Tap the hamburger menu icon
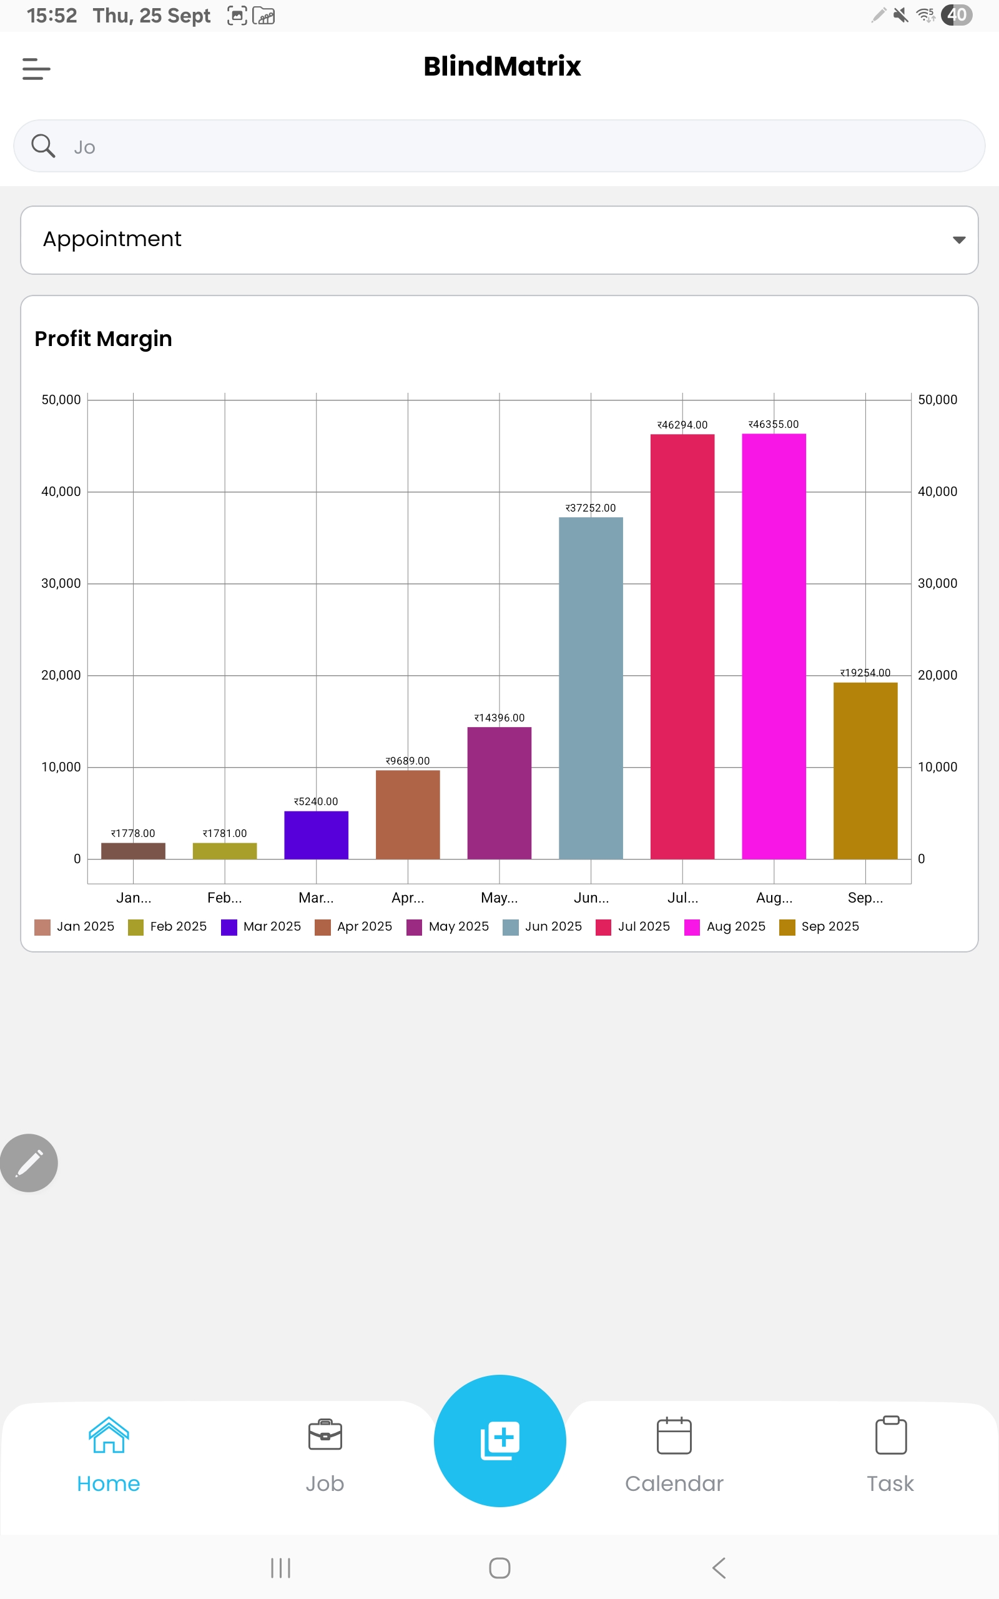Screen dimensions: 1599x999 (36, 69)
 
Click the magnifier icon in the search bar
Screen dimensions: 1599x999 (44, 146)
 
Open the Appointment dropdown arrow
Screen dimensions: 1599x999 (958, 240)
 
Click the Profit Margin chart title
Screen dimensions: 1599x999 (103, 339)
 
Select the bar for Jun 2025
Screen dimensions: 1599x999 (591, 688)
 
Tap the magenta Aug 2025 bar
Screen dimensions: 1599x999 (774, 646)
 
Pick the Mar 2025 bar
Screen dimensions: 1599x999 (316, 835)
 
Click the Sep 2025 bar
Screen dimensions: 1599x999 (865, 770)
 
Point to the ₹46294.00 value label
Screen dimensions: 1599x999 (682, 425)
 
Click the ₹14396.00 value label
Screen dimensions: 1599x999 (499, 718)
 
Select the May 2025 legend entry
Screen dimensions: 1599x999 (449, 926)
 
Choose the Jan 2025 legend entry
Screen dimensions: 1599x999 (75, 926)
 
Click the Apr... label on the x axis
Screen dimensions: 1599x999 (408, 898)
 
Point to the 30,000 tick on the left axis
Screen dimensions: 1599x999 (61, 583)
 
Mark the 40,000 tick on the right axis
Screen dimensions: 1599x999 (937, 492)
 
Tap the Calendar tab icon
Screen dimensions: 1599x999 (674, 1436)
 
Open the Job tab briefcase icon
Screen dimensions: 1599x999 (325, 1435)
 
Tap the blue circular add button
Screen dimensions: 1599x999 (499, 1440)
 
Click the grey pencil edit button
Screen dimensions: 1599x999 (29, 1163)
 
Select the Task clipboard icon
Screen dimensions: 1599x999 (890, 1435)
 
